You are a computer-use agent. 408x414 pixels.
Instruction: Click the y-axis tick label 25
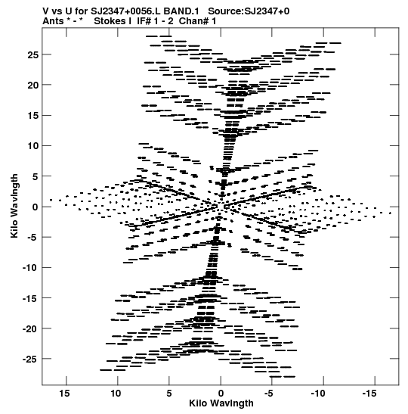[33, 55]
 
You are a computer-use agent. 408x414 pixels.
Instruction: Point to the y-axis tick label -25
[31, 359]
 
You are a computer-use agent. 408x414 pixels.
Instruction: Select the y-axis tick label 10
[33, 146]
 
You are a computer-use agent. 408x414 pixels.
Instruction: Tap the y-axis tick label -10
[31, 268]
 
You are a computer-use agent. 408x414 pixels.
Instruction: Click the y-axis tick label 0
[36, 207]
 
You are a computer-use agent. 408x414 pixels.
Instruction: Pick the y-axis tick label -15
[31, 298]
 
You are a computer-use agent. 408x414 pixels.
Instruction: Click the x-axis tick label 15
[64, 394]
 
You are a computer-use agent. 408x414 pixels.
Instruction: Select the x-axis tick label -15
[369, 394]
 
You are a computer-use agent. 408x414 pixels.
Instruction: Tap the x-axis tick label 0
[221, 394]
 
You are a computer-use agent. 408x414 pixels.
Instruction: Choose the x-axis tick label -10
[318, 394]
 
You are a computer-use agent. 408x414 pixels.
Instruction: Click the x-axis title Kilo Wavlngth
[221, 403]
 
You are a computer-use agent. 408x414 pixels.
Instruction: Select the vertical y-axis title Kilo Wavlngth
[14, 206]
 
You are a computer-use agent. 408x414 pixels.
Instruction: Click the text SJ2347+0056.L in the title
[126, 11]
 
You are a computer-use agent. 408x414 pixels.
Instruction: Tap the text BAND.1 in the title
[181, 11]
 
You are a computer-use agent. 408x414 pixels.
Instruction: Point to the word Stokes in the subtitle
[111, 21]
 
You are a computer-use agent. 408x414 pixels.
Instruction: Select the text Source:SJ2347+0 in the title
[249, 11]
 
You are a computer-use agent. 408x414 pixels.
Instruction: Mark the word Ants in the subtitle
[53, 21]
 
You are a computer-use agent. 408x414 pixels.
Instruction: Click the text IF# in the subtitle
[144, 21]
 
